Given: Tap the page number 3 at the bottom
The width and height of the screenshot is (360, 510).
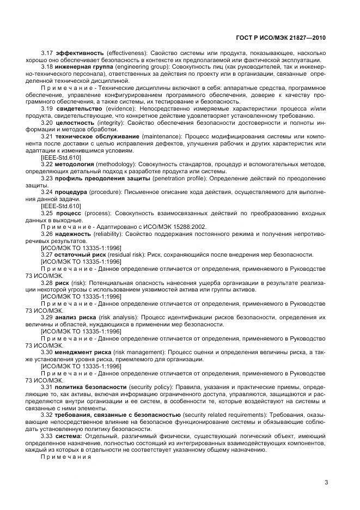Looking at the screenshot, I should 326,482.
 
